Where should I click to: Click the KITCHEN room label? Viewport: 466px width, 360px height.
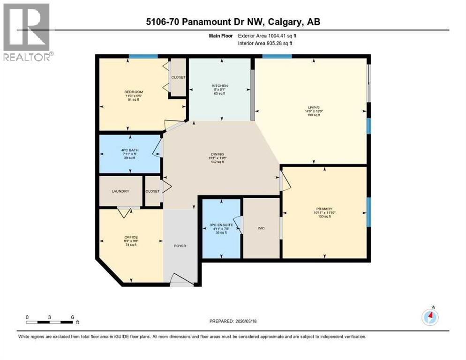(219, 86)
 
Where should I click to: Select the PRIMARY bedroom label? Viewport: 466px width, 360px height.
(324, 209)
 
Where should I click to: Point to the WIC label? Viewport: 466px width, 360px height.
(262, 228)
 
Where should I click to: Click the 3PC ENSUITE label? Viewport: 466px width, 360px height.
(221, 225)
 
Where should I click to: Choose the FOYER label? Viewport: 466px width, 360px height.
(180, 246)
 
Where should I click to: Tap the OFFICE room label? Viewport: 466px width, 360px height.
(131, 237)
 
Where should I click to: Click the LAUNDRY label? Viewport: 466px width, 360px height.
(120, 191)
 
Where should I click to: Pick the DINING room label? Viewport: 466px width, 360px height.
(217, 154)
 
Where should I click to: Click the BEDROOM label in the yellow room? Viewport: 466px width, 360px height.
(134, 91)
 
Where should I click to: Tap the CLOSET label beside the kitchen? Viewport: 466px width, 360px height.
(178, 77)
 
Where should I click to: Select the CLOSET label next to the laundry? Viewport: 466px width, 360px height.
(152, 191)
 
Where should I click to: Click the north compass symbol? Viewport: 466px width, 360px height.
(429, 316)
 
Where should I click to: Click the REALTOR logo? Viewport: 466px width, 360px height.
(27, 32)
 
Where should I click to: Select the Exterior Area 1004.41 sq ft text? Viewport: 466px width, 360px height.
(267, 36)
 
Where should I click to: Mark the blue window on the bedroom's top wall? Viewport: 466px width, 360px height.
(143, 56)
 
